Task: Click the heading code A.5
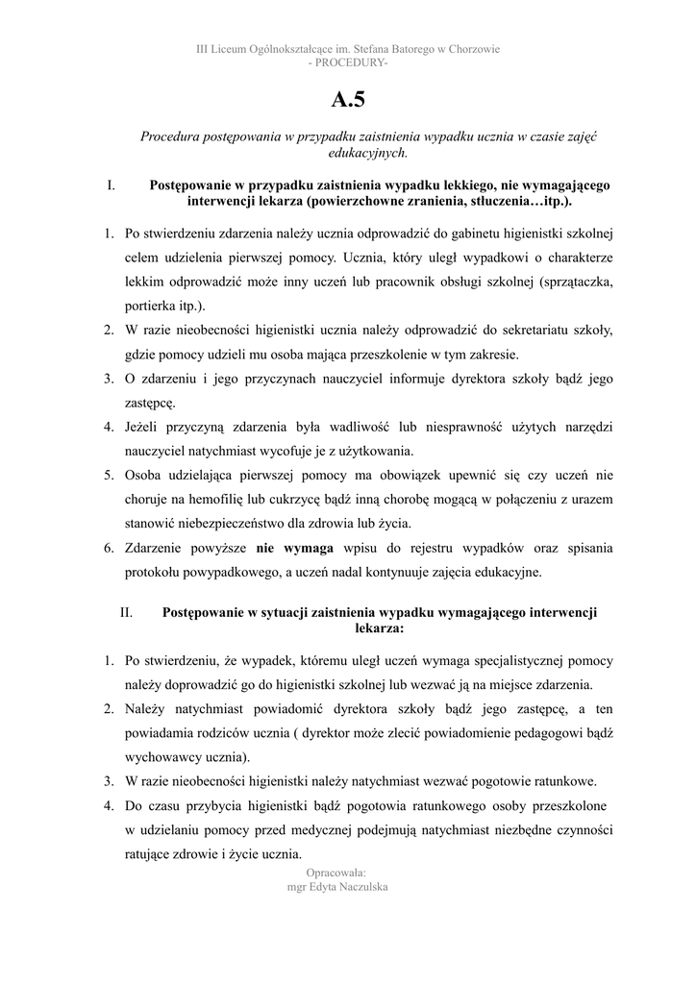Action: click(x=348, y=99)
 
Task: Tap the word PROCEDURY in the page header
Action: click(x=348, y=62)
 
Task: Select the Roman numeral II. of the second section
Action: click(x=126, y=612)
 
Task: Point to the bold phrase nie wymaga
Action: click(x=295, y=548)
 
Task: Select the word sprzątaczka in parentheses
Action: click(x=576, y=282)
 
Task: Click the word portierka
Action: click(x=152, y=306)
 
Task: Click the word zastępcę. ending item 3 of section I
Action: click(x=150, y=402)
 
